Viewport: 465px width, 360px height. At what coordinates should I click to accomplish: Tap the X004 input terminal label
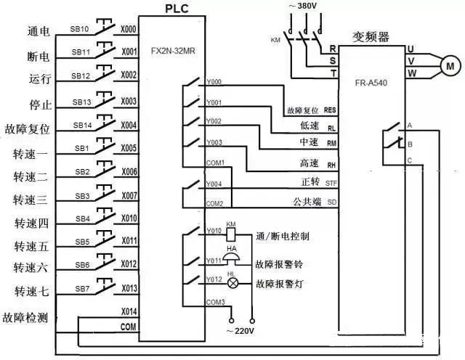pos(129,124)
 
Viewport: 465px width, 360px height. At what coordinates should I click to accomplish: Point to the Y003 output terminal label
pos(214,142)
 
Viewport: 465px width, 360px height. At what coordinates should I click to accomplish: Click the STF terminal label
pos(331,181)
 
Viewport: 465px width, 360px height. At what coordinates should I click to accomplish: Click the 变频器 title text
pos(372,35)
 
